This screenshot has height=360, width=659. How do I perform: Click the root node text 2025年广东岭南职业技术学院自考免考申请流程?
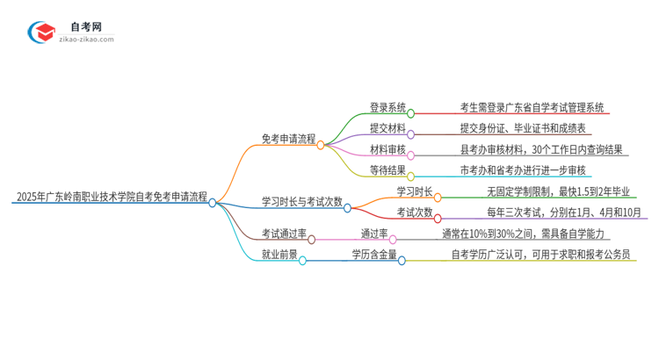point(111,198)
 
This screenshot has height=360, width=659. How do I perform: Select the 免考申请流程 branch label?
point(288,139)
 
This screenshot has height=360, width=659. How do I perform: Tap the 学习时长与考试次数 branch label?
point(301,201)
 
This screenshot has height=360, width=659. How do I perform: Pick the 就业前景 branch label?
point(279,256)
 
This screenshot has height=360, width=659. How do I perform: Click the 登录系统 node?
point(387,108)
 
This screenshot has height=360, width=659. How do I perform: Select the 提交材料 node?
point(387,128)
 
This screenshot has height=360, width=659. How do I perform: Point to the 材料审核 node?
point(387,149)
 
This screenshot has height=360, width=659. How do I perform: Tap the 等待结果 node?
point(387,170)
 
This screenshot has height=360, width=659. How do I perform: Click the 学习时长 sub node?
point(415,191)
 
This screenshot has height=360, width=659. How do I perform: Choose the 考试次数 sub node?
point(415,212)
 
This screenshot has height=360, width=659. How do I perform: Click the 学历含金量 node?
point(374,256)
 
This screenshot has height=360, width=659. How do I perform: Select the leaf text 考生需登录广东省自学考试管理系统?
point(532,108)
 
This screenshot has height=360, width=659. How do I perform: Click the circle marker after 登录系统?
point(410,114)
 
